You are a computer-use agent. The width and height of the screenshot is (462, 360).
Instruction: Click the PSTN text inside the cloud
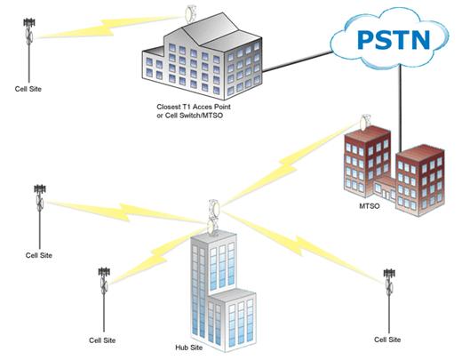394,39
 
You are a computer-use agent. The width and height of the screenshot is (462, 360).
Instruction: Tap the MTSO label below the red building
369,206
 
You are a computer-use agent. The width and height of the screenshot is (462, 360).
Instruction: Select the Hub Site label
189,348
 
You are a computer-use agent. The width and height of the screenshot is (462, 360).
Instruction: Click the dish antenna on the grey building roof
188,13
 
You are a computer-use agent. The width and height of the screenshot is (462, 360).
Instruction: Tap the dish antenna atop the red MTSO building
364,122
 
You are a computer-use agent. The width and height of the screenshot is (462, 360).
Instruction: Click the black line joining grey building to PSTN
298,62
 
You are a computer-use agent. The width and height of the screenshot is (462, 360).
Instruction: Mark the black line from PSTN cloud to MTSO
400,108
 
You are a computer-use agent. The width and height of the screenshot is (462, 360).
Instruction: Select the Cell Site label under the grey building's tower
28,89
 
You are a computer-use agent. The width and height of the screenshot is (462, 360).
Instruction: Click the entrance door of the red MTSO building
385,194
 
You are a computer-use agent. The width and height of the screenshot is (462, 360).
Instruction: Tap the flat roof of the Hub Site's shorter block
233,295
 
